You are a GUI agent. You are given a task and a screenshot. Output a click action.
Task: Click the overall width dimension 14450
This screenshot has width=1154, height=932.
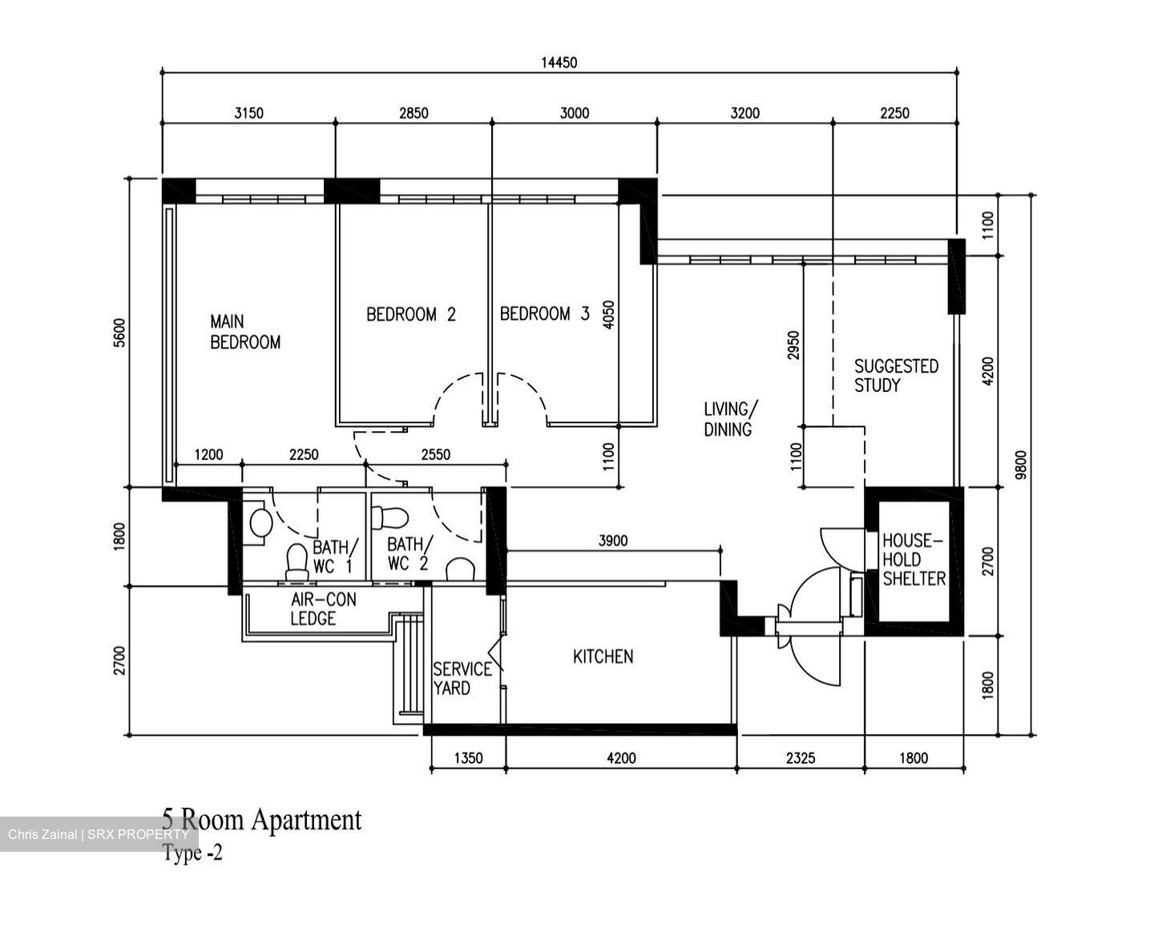[559, 63]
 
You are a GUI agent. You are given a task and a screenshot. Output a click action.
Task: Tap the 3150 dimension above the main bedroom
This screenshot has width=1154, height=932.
[248, 113]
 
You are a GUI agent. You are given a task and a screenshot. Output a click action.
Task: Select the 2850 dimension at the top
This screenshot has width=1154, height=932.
[414, 113]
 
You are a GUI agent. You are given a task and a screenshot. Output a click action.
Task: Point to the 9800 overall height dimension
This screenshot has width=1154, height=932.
[1019, 466]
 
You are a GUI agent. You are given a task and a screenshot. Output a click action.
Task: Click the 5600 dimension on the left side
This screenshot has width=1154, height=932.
[120, 332]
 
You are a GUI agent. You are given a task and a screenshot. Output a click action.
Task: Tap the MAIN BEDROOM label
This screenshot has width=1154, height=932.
[244, 332]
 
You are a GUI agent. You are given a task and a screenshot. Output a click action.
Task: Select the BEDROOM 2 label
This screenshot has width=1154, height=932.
[410, 314]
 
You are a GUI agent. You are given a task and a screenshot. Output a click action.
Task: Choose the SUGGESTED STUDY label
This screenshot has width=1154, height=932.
[895, 375]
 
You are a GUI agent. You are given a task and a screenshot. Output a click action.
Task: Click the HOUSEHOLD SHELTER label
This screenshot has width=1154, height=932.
[914, 559]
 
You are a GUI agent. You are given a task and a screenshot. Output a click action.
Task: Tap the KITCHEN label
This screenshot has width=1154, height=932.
[603, 657]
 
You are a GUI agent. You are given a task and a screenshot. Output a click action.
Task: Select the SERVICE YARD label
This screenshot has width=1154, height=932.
[462, 678]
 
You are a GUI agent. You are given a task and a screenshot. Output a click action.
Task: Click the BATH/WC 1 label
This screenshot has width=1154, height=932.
[331, 556]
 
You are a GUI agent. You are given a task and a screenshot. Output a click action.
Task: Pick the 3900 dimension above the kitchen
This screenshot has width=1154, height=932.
[613, 541]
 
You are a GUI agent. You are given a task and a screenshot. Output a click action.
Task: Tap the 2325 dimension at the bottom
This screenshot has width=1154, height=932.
[800, 757]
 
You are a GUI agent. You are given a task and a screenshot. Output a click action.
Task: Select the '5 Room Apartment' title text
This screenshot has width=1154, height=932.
[261, 819]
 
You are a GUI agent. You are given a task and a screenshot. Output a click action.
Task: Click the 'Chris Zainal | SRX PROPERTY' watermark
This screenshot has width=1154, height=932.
[99, 834]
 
